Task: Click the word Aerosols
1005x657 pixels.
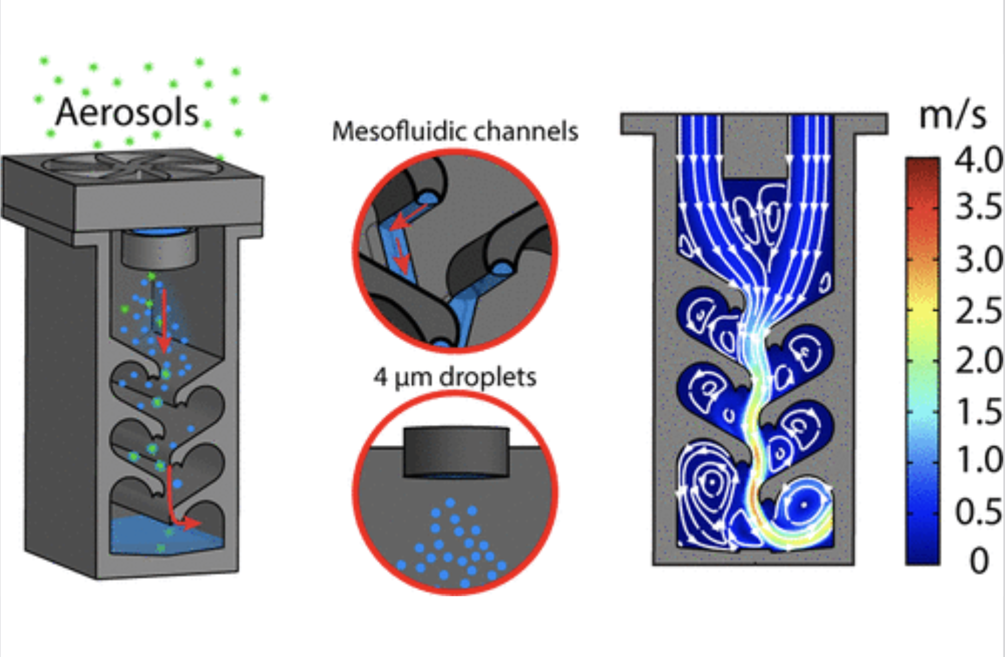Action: pyautogui.click(x=127, y=113)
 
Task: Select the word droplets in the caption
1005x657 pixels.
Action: pyautogui.click(x=487, y=377)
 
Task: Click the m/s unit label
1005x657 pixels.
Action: pyautogui.click(x=953, y=115)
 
